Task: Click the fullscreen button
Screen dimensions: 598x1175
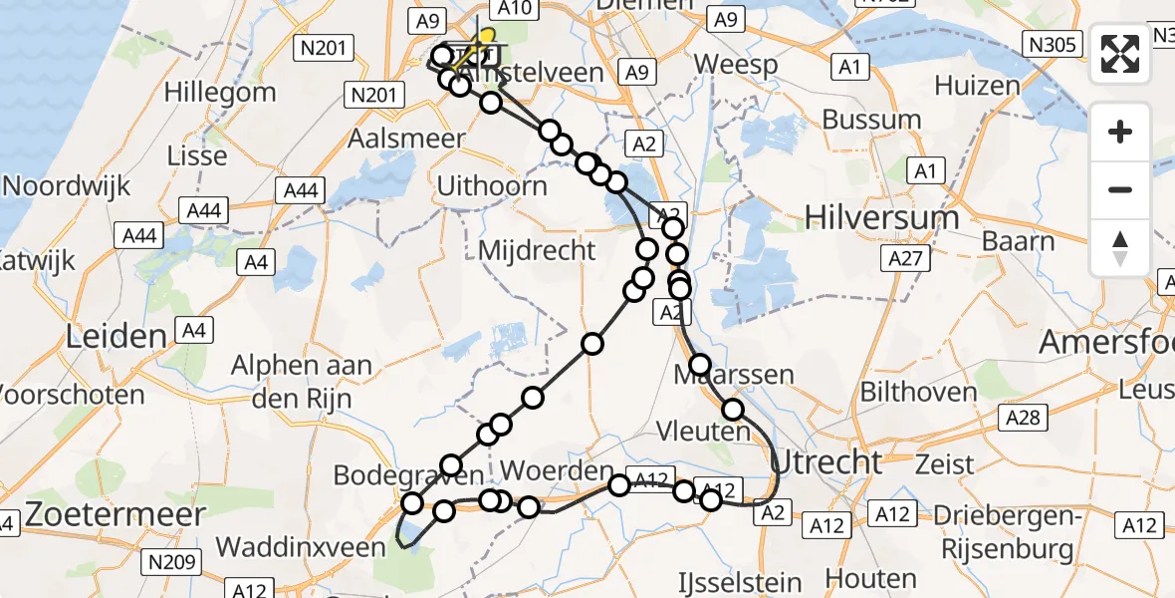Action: [1120, 54]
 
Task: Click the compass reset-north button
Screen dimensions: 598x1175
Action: [1120, 247]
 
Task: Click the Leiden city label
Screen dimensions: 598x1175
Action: [116, 336]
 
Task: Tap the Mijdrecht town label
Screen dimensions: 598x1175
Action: [537, 249]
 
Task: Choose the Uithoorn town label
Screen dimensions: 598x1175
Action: [493, 186]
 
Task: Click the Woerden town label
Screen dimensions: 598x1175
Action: [557, 469]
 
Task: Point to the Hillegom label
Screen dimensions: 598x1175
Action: [220, 94]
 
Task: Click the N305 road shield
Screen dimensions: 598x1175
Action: [1052, 44]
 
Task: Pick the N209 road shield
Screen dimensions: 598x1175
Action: [169, 562]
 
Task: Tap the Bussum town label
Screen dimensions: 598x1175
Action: [871, 120]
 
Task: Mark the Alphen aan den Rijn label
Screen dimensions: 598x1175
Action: [302, 382]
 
